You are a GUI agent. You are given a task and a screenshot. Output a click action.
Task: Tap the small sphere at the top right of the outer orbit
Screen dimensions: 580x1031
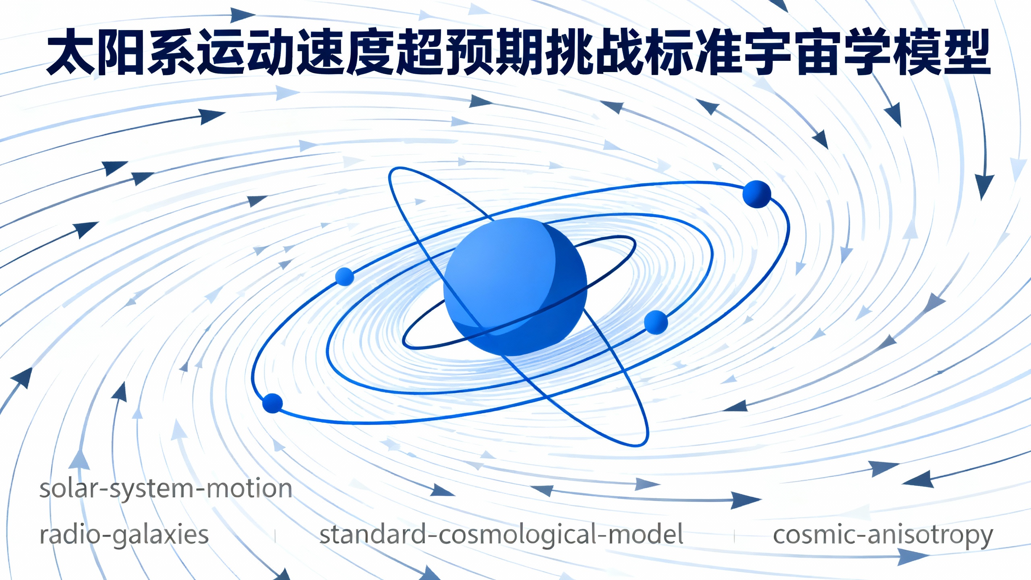(x=757, y=194)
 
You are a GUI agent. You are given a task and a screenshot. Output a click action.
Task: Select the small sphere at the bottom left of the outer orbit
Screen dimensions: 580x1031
(x=273, y=403)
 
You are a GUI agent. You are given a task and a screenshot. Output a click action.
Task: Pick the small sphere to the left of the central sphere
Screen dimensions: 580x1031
(x=344, y=277)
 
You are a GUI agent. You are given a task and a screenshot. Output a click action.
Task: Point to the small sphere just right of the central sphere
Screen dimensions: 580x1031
(x=656, y=322)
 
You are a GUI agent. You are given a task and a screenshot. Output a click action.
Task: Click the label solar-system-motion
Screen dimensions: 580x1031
(x=166, y=489)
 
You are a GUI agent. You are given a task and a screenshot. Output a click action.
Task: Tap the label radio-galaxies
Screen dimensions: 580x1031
(x=124, y=535)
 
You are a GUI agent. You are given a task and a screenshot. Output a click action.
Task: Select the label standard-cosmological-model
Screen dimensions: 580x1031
(x=501, y=535)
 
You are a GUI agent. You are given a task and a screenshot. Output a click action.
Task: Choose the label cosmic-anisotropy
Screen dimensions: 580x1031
(x=883, y=536)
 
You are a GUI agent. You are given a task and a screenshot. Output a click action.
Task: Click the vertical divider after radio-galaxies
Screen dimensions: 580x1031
(x=275, y=536)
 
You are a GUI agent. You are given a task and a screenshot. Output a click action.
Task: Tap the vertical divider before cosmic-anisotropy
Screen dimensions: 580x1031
(x=735, y=536)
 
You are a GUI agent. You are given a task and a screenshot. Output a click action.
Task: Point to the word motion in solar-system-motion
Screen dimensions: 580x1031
(x=249, y=489)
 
